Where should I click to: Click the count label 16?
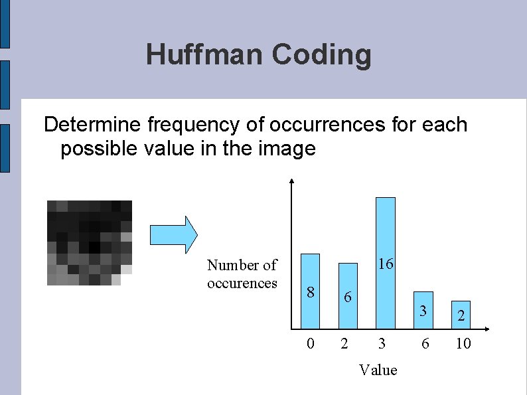[x=385, y=264]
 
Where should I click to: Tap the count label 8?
[x=310, y=292]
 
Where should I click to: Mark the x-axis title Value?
[x=378, y=370]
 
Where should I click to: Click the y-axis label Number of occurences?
[x=242, y=274]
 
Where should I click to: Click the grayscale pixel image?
[x=89, y=242]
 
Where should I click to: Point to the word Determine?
[x=92, y=125]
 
